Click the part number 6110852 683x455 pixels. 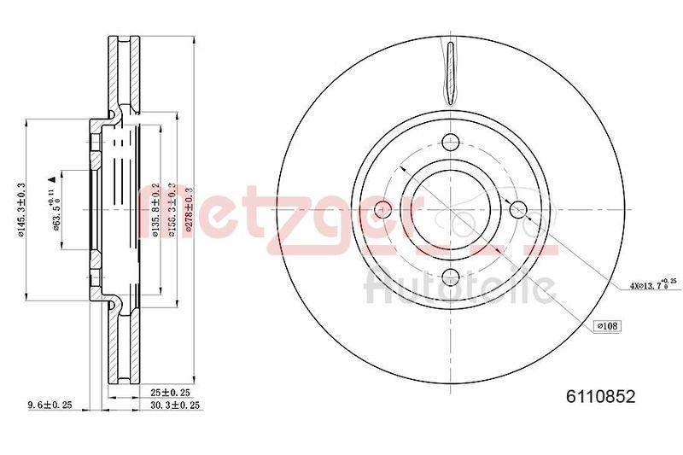pyautogui.click(x=602, y=397)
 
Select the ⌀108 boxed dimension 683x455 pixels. pyautogui.click(x=607, y=325)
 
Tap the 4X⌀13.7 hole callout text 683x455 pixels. pyautogui.click(x=651, y=285)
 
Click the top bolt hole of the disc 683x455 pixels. pyautogui.click(x=450, y=143)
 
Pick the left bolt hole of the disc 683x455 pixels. pyautogui.click(x=384, y=209)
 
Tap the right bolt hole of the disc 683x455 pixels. pyautogui.click(x=516, y=209)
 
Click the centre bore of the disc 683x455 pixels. pyautogui.click(x=450, y=209)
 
